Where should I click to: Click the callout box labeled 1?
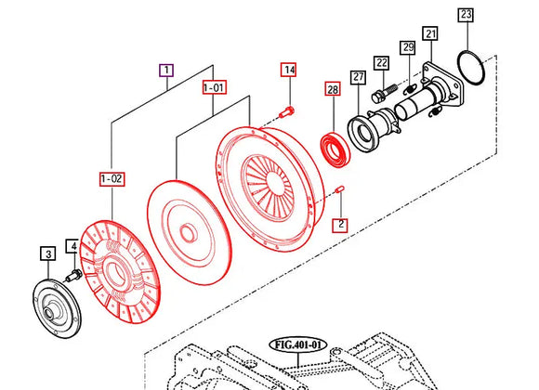click(x=165, y=70)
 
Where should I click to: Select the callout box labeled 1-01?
click(x=215, y=88)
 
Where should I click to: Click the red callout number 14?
click(x=289, y=70)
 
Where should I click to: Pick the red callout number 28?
click(x=333, y=89)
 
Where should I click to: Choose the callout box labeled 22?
click(x=382, y=62)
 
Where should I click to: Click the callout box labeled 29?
click(x=407, y=47)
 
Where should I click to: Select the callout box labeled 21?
click(x=430, y=34)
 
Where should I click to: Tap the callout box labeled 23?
click(x=466, y=14)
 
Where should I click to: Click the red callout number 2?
click(x=340, y=224)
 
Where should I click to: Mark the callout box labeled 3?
click(x=46, y=253)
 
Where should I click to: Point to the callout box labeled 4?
click(x=72, y=246)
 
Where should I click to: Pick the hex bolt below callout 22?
click(x=379, y=94)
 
